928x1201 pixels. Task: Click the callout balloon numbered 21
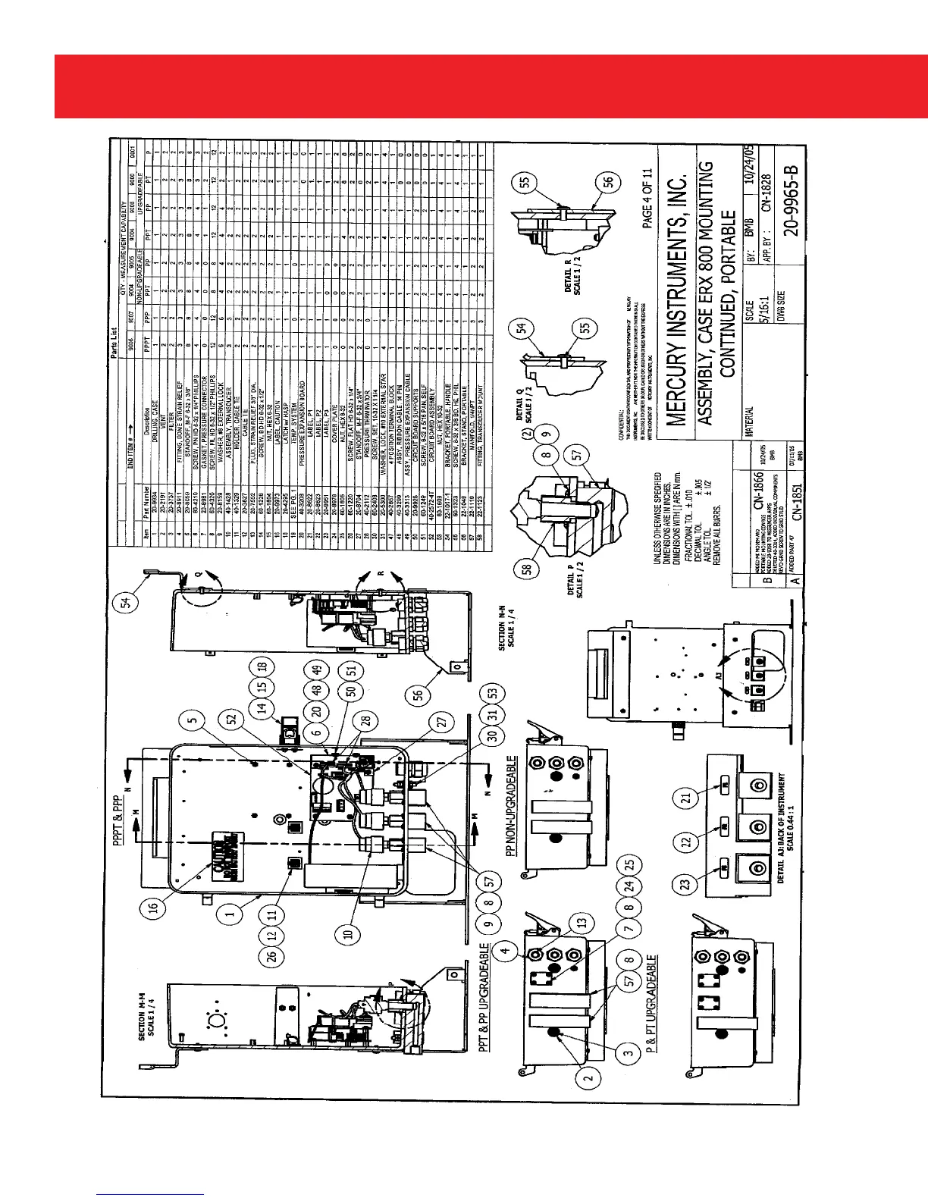687,798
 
